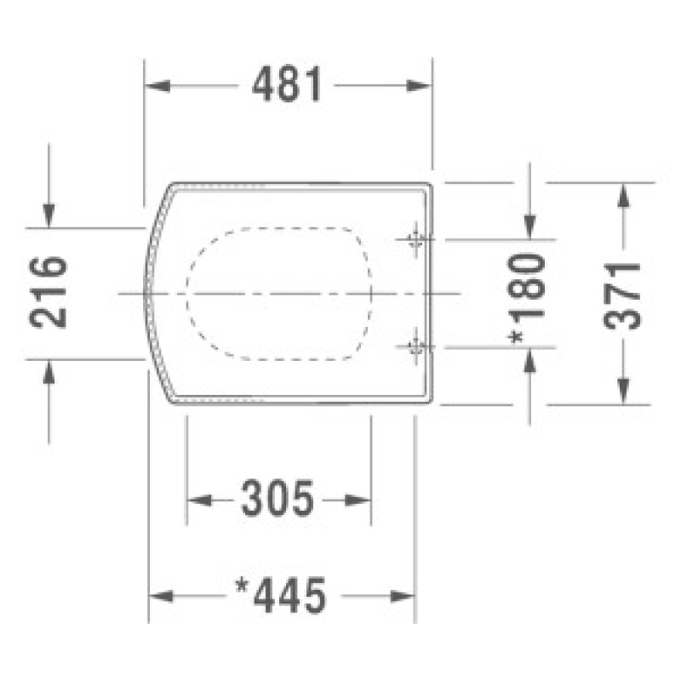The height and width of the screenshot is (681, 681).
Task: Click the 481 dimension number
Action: pyautogui.click(x=287, y=84)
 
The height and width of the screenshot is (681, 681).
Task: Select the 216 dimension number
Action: pyautogui.click(x=49, y=292)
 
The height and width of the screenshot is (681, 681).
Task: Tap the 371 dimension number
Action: pyautogui.click(x=622, y=295)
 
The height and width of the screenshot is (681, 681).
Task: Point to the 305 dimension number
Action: pyautogui.click(x=278, y=499)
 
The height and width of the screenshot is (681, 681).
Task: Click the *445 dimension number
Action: pyautogui.click(x=280, y=595)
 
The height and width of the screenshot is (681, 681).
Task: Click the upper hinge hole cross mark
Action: pyautogui.click(x=415, y=239)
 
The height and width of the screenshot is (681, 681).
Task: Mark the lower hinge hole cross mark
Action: pyautogui.click(x=415, y=346)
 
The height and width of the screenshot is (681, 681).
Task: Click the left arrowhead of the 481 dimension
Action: pyautogui.click(x=157, y=86)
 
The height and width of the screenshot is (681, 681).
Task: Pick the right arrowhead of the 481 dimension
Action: pyautogui.click(x=419, y=86)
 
